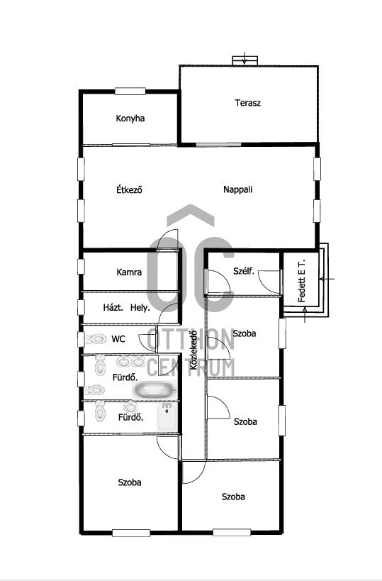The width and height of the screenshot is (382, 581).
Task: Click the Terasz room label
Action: pyautogui.click(x=247, y=103)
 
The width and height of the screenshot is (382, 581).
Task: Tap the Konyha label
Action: pyautogui.click(x=130, y=118)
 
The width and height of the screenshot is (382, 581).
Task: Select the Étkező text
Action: pyautogui.click(x=129, y=189)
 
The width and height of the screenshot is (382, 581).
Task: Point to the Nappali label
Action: pyautogui.click(x=237, y=189)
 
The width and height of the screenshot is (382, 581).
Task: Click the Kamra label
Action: pyautogui.click(x=129, y=272)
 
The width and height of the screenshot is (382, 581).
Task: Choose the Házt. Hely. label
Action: pyautogui.click(x=126, y=308)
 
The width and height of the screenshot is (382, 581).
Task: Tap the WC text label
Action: pyautogui.click(x=118, y=339)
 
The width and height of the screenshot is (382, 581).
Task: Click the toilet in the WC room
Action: pyautogui.click(x=96, y=338)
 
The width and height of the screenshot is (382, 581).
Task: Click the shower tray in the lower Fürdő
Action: pyautogui.click(x=167, y=417)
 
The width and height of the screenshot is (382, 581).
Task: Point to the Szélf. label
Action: pyautogui.click(x=244, y=271)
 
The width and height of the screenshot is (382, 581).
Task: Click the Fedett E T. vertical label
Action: pyautogui.click(x=301, y=280)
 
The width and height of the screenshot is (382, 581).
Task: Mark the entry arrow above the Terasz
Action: pyautogui.click(x=245, y=59)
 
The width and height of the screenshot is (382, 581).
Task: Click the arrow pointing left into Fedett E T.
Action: pyautogui.click(x=327, y=279)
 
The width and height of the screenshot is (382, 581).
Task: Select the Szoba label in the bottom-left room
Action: pyautogui.click(x=130, y=482)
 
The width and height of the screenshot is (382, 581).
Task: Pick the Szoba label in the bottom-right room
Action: pyautogui.click(x=233, y=497)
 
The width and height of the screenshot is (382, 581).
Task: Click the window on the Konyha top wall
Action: pyautogui.click(x=130, y=91)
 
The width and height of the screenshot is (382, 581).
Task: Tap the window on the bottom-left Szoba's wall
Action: pyautogui.click(x=131, y=533)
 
